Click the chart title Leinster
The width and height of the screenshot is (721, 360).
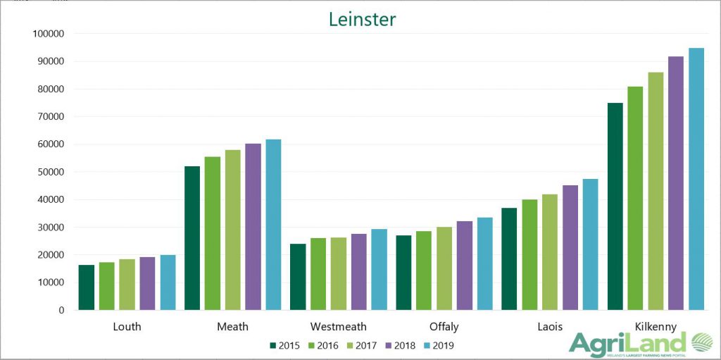pyautogui.click(x=362, y=19)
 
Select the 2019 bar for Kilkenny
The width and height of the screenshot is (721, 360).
pyautogui.click(x=696, y=179)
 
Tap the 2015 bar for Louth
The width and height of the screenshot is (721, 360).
pyautogui.click(x=87, y=287)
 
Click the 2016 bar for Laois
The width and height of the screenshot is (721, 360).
pyautogui.click(x=529, y=254)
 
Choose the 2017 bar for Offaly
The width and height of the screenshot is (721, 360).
pyautogui.click(x=444, y=268)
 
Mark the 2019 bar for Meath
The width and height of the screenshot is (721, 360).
pyautogui.click(x=273, y=225)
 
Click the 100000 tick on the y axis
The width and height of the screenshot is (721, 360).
pyautogui.click(x=49, y=34)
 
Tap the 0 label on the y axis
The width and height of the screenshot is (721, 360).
pyautogui.click(x=61, y=310)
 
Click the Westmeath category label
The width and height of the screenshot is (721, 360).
pyautogui.click(x=338, y=327)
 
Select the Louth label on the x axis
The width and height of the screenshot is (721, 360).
pyautogui.click(x=127, y=327)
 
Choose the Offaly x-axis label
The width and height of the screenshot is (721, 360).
pyautogui.click(x=444, y=327)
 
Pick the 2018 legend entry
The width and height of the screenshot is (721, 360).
pyautogui.click(x=398, y=345)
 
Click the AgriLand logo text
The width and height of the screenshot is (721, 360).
pyautogui.click(x=627, y=344)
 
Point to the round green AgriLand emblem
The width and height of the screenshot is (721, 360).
pyautogui.click(x=702, y=343)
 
